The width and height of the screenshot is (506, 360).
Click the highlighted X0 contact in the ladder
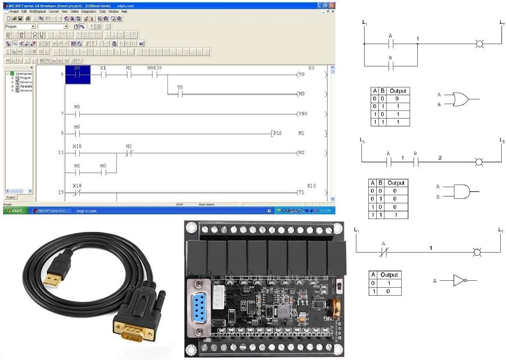click(x=78, y=75)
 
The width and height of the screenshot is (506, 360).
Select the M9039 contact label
click(x=154, y=69)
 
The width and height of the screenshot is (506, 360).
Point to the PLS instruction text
click(x=277, y=133)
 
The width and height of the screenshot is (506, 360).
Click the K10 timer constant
click(x=311, y=186)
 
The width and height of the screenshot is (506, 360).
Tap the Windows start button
click(x=14, y=211)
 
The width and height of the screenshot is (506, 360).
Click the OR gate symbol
click(x=460, y=99)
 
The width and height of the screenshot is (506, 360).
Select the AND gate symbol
click(x=460, y=191)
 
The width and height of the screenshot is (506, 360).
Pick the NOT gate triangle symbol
click(x=459, y=280)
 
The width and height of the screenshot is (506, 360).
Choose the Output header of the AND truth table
click(x=395, y=183)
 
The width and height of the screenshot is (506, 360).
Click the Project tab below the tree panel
click(x=10, y=197)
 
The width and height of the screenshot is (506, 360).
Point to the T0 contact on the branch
click(x=180, y=94)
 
